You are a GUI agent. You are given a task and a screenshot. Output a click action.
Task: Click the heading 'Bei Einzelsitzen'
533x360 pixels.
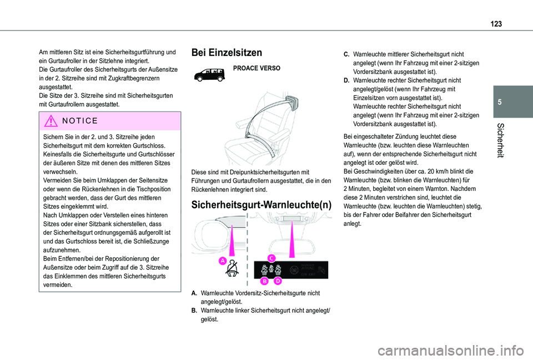point(227,53)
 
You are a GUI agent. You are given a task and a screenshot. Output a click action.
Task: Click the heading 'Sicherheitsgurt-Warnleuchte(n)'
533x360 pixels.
point(261,205)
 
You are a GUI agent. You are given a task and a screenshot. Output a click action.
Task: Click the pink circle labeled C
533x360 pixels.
point(271,258)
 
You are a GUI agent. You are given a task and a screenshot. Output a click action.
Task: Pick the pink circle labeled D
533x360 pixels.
point(277,281)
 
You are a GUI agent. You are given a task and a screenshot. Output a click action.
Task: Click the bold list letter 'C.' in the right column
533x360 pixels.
point(346,54)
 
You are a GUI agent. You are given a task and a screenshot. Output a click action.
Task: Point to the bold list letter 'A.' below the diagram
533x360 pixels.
point(195,292)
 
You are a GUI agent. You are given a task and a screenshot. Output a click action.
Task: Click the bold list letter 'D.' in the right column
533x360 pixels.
point(346,80)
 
